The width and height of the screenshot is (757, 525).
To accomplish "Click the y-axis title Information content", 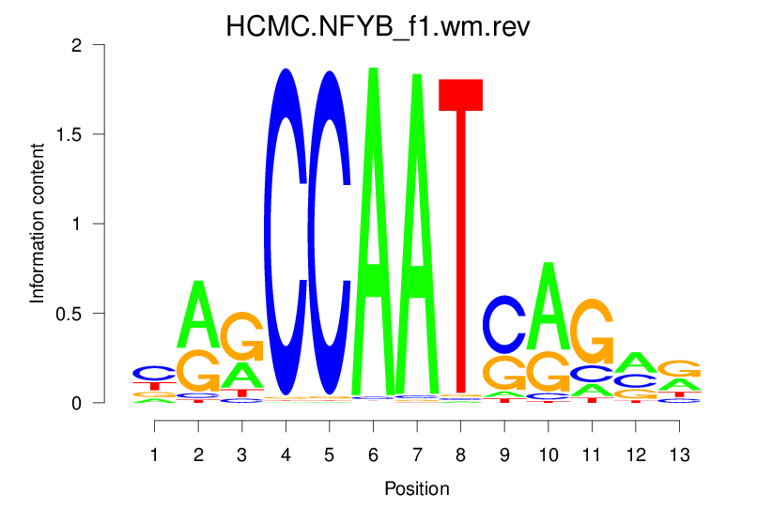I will pyautogui.click(x=38, y=223).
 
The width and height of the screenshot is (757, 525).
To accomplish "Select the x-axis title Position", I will pyautogui.click(x=417, y=489).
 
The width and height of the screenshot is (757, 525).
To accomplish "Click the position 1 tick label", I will pyautogui.click(x=154, y=455).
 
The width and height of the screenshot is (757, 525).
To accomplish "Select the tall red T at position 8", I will pyautogui.click(x=460, y=235).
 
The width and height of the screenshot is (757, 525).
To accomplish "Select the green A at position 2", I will pyautogui.click(x=198, y=315).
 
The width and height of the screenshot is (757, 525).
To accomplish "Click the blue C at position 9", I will pyautogui.click(x=504, y=324).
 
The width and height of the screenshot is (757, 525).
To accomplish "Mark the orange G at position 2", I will pyautogui.click(x=198, y=370).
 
